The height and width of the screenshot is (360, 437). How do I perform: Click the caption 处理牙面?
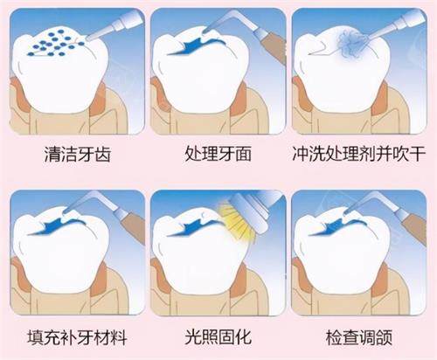tap(218, 156)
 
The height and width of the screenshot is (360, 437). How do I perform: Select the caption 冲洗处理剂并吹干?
tap(360, 156)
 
